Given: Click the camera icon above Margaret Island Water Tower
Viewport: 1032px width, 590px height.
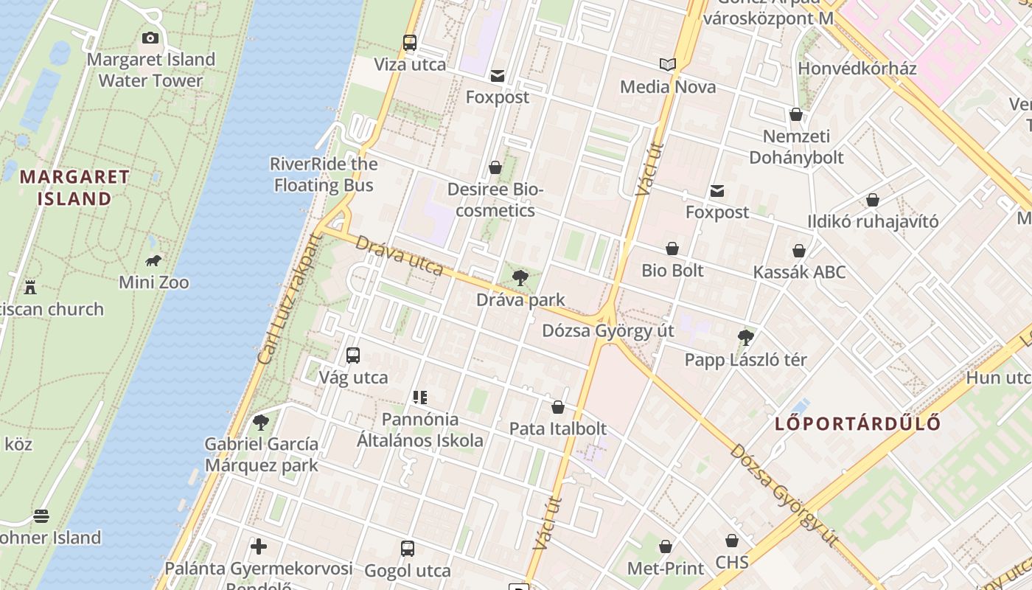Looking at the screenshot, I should click(150, 38).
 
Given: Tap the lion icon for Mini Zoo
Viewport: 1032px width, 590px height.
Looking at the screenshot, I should click(153, 260).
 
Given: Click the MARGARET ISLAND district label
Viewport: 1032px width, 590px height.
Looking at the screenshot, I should click(74, 187).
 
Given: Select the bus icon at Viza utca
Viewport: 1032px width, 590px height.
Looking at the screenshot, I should click(410, 43).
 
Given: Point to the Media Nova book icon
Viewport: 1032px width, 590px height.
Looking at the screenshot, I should click(668, 65).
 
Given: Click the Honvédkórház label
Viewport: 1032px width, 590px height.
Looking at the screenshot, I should click(857, 69).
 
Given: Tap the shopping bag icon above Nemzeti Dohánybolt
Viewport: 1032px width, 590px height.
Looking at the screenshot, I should click(796, 114).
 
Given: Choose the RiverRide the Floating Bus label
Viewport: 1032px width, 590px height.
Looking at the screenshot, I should click(324, 174).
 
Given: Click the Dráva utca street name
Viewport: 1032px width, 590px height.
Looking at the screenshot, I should click(400, 255).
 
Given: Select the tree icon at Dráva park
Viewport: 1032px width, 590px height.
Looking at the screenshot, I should click(520, 278).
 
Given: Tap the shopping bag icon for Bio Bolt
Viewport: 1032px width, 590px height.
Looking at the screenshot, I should click(672, 249).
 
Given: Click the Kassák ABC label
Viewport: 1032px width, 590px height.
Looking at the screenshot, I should click(799, 272).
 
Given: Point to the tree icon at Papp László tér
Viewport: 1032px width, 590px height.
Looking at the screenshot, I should click(745, 338).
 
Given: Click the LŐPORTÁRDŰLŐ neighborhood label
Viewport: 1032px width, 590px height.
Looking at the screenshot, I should click(858, 423).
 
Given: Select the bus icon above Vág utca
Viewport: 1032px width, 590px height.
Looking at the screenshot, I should click(353, 355).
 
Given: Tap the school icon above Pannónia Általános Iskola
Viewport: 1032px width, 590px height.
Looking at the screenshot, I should click(420, 398).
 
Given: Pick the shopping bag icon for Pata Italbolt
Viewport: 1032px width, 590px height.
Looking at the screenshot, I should click(558, 407).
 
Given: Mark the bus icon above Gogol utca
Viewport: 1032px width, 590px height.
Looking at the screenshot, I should click(408, 549).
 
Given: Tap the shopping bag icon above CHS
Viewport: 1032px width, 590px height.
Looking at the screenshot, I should click(732, 541).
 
